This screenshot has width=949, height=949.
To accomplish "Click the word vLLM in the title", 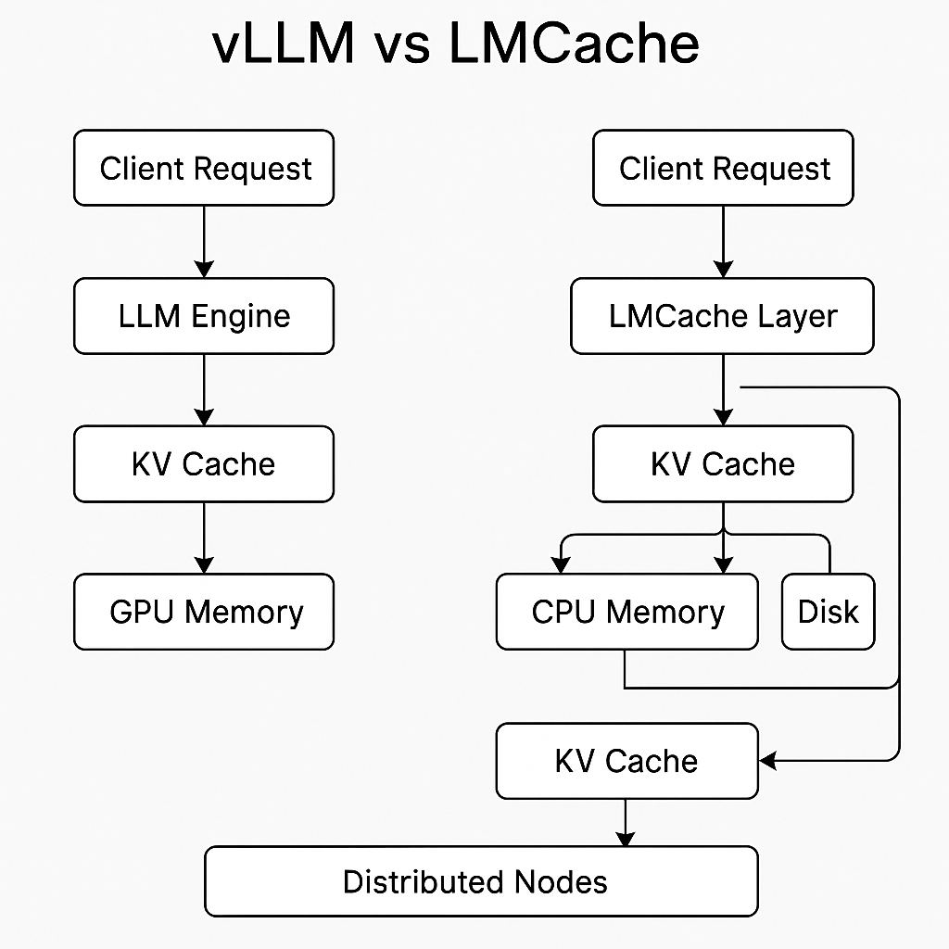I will tap(283, 44).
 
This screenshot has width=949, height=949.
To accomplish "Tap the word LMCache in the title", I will tap(574, 44).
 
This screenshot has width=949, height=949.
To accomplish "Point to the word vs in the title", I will tap(401, 48).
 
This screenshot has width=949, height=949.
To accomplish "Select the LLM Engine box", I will tap(204, 316).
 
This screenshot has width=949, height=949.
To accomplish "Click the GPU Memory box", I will tap(204, 612).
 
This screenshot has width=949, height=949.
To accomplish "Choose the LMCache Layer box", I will tap(722, 316).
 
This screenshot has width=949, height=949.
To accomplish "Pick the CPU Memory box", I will tap(626, 612).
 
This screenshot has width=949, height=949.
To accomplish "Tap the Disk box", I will tap(828, 612).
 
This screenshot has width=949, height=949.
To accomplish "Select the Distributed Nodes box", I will tap(481, 880).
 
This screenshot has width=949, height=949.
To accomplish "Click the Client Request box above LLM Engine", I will tap(204, 168).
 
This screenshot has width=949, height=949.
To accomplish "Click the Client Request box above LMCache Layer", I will tap(722, 168).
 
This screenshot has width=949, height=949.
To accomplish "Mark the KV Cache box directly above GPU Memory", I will tap(204, 463).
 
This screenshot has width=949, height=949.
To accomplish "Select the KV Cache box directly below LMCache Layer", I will tap(722, 463).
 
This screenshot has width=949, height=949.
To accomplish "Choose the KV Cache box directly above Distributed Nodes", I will tap(626, 761).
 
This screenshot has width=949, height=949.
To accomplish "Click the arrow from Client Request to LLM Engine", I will tap(204, 241).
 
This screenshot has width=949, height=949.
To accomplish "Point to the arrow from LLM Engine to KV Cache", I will tap(204, 389).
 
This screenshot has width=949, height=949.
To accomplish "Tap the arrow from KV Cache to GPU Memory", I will tap(204, 538).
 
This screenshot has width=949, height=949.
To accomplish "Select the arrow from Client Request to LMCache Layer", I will tap(723, 241).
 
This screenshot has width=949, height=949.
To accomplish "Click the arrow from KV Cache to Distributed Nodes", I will tap(626, 822).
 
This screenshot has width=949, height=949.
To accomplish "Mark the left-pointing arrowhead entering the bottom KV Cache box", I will tap(768, 761).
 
